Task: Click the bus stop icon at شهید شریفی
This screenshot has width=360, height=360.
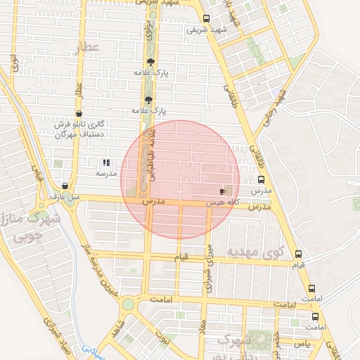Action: pyautogui.click(x=206, y=19)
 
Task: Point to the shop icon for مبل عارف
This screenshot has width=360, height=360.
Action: pyautogui.click(x=65, y=186)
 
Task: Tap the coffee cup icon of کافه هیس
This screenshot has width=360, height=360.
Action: pyautogui.click(x=222, y=191)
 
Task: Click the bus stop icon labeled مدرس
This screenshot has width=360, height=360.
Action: pyautogui.click(x=262, y=179)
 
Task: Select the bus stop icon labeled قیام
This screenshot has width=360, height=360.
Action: pyautogui.click(x=299, y=254)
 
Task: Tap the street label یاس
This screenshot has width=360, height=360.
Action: pyautogui.click(x=303, y=343)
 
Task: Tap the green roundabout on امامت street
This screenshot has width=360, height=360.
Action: pyautogui.click(x=129, y=304)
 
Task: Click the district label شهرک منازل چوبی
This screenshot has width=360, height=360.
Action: pyautogui.click(x=32, y=226)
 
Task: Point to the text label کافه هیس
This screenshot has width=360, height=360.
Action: pyautogui.click(x=219, y=202)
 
